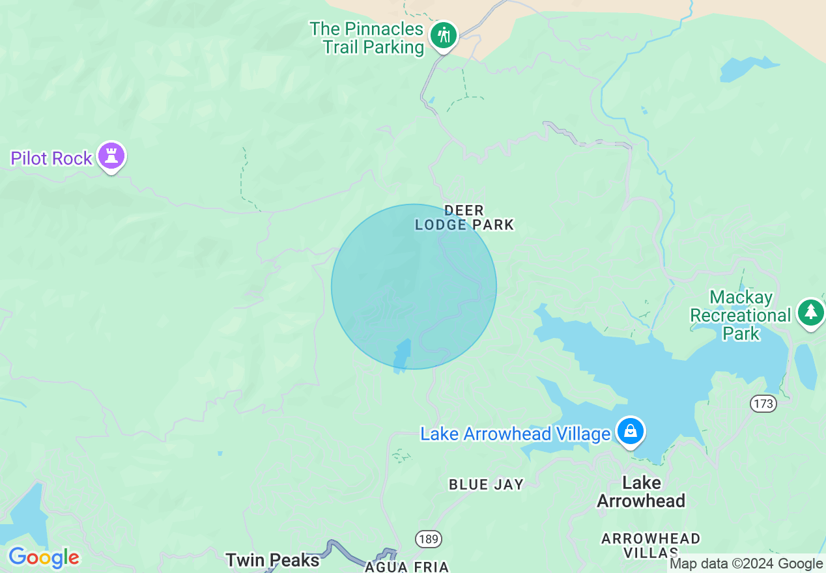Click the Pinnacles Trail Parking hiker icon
pos(444,35)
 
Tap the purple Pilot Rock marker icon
pos(111,156)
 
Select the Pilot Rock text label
pos(51,158)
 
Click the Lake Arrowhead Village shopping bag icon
pos(631,432)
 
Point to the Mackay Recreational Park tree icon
pos(810,312)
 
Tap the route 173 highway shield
pos(762,404)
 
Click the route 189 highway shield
pos(429,539)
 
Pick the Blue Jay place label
pos(486,484)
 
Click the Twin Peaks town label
pos(272,560)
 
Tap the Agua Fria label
pos(407,566)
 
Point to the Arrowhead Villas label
pos(651,546)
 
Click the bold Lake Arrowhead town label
pos(641,492)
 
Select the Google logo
pos(44,557)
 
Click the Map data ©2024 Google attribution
pos(747,564)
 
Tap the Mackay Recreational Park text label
pos(741,316)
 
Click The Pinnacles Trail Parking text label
pos(367,38)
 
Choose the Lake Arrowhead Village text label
pos(515,434)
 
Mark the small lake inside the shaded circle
pos(401,356)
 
